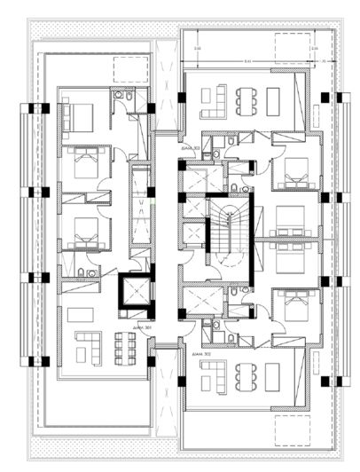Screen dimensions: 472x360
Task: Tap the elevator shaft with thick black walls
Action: pyautogui.click(x=133, y=291)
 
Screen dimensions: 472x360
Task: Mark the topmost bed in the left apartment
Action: pyautogui.click(x=80, y=115)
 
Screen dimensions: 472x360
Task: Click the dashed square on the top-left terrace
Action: pyautogui.click(x=131, y=70)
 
